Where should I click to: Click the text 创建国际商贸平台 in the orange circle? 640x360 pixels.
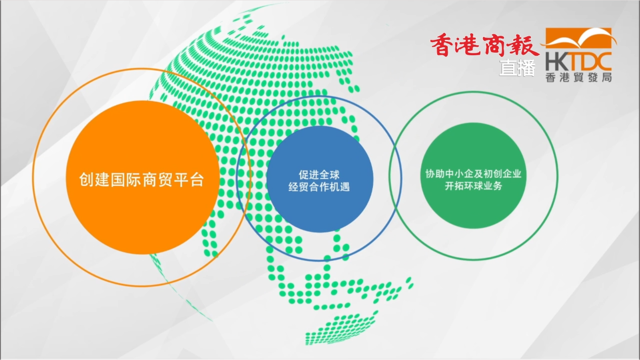[142, 180]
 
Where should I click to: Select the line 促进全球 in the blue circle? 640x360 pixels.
[319, 175]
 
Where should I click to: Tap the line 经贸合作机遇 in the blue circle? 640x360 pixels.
[319, 187]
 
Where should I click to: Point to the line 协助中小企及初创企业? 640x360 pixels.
[473, 174]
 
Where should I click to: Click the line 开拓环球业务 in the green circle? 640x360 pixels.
[473, 186]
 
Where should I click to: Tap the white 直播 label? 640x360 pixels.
[517, 68]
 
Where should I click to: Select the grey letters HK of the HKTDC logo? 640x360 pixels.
[557, 62]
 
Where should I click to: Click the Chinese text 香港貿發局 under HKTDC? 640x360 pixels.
[578, 77]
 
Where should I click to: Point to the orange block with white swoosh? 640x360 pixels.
[578, 38]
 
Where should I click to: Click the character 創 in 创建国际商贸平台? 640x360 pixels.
[86, 180]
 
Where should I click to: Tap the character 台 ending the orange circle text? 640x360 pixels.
[197, 180]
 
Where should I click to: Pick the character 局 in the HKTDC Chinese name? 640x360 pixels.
[607, 77]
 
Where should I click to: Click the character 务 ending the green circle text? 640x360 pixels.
[497, 186]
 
